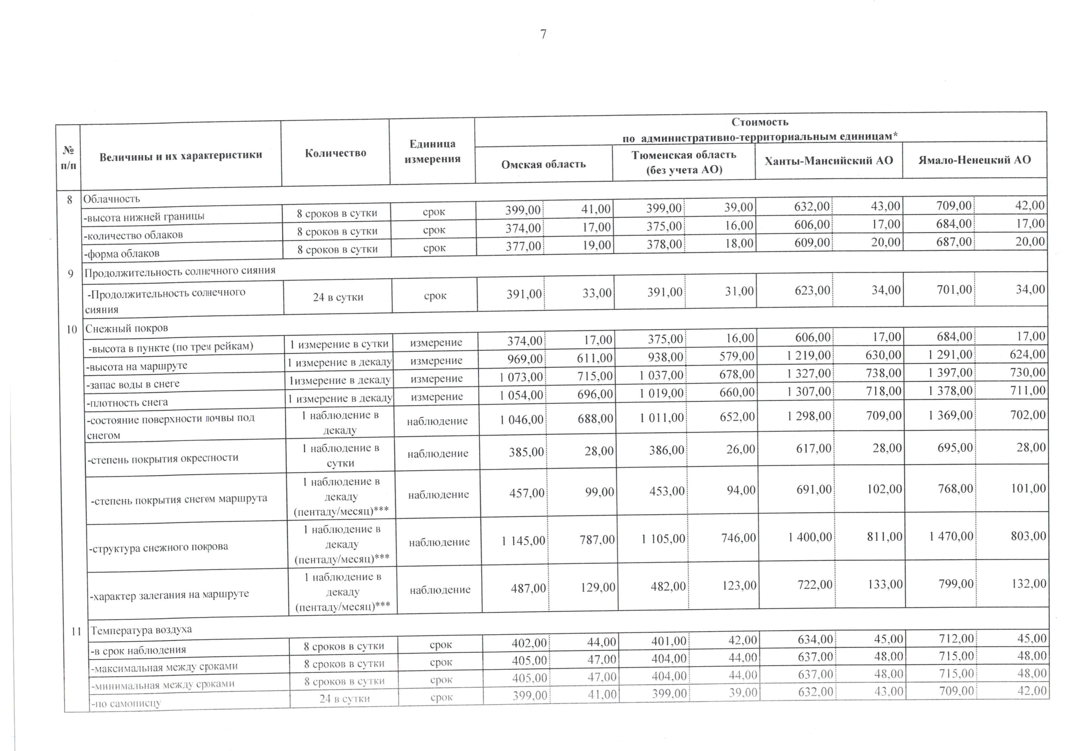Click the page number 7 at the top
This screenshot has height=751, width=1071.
pos(543,34)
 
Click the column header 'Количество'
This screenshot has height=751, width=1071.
pos(336,153)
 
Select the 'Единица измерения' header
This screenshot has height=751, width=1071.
pos(432,151)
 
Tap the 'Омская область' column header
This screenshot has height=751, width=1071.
pos(543,164)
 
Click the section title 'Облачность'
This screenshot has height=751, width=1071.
pos(111,199)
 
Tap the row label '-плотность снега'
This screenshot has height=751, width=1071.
pos(127,402)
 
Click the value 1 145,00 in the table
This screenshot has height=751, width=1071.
pos(523,541)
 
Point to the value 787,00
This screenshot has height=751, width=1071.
pos(597,540)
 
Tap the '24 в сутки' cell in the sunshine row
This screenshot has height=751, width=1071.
pos(338,297)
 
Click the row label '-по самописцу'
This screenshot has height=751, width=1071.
pos(126,703)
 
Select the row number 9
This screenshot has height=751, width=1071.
pos(71,274)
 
